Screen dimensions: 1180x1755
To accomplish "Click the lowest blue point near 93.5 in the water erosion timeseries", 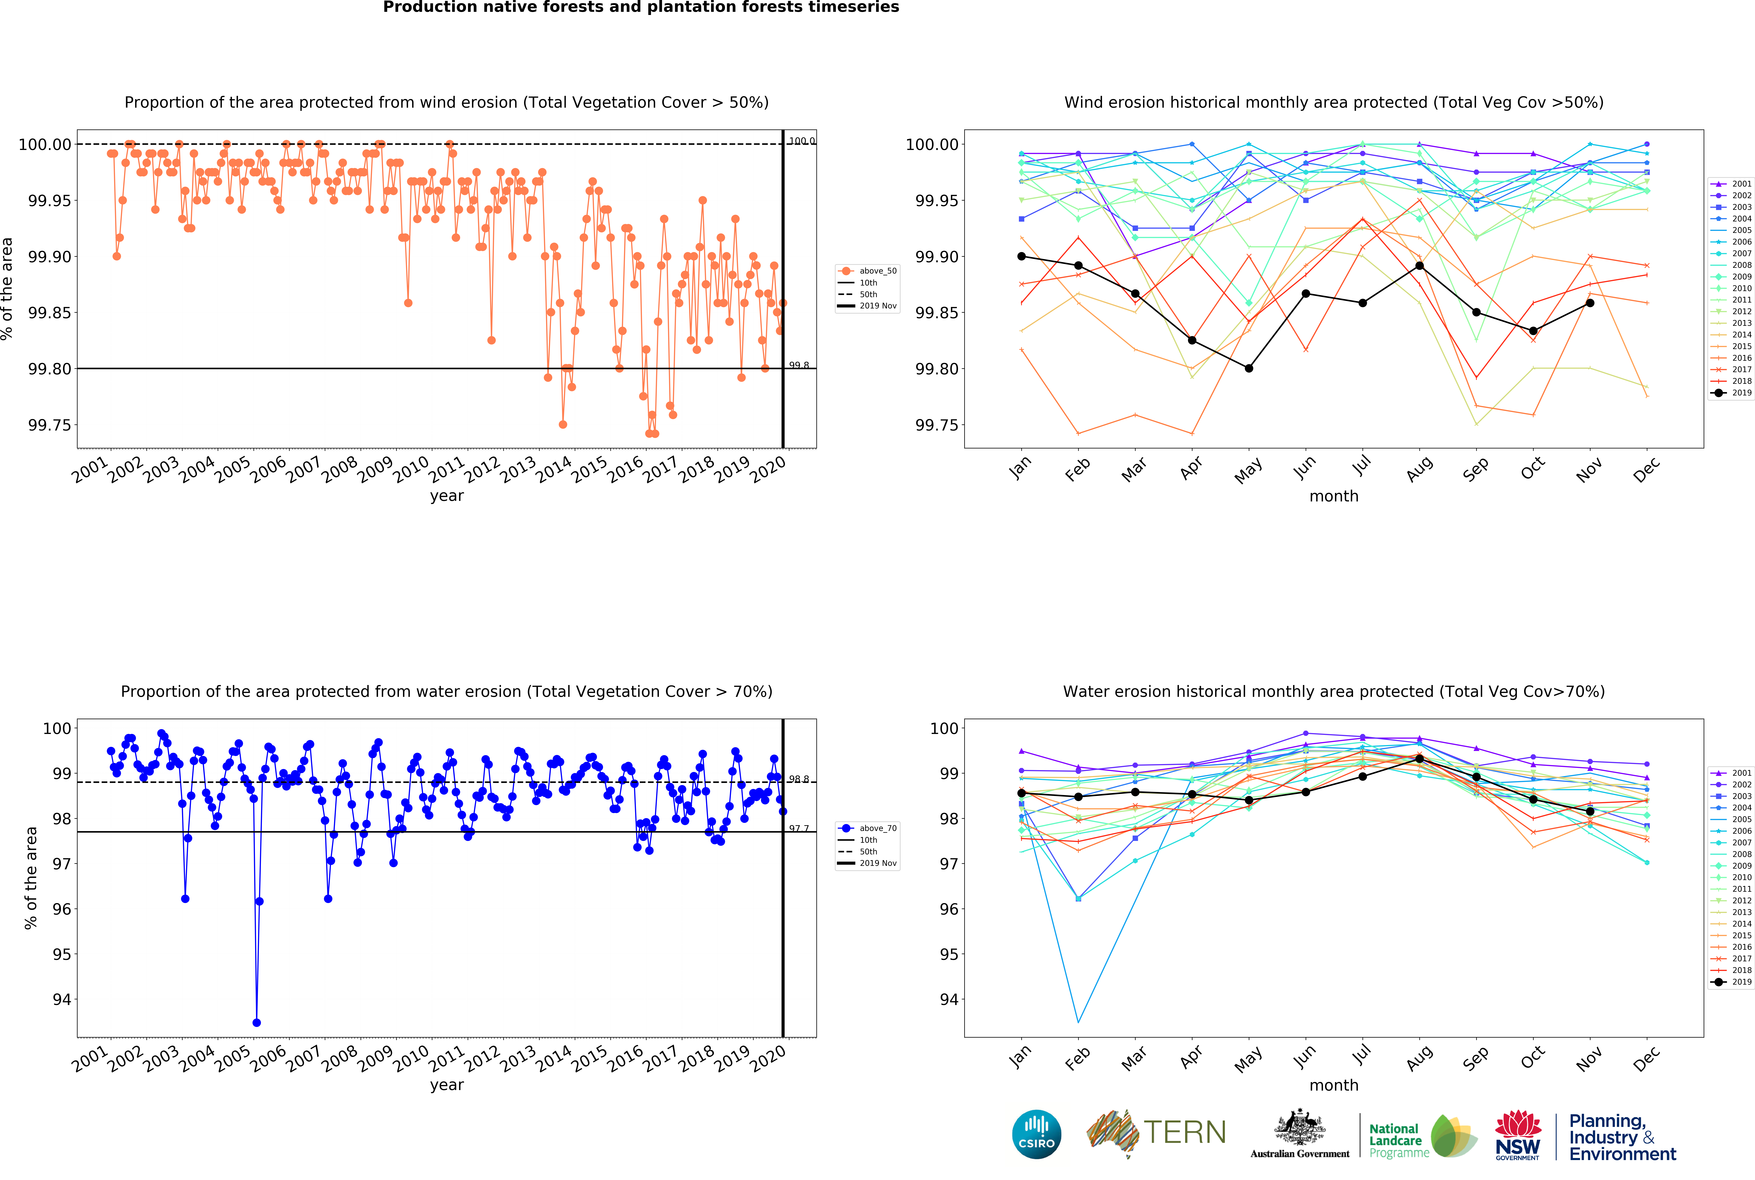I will (256, 1022).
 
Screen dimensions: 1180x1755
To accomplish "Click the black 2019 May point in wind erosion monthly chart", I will (1249, 368).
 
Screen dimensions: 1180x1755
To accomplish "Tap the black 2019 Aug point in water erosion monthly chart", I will (1420, 759).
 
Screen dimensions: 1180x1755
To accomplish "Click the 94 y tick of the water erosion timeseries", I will (62, 999).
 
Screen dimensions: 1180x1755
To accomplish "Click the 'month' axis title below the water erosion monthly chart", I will (1334, 1085).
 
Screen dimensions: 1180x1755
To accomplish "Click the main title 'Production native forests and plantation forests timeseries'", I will (641, 8).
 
